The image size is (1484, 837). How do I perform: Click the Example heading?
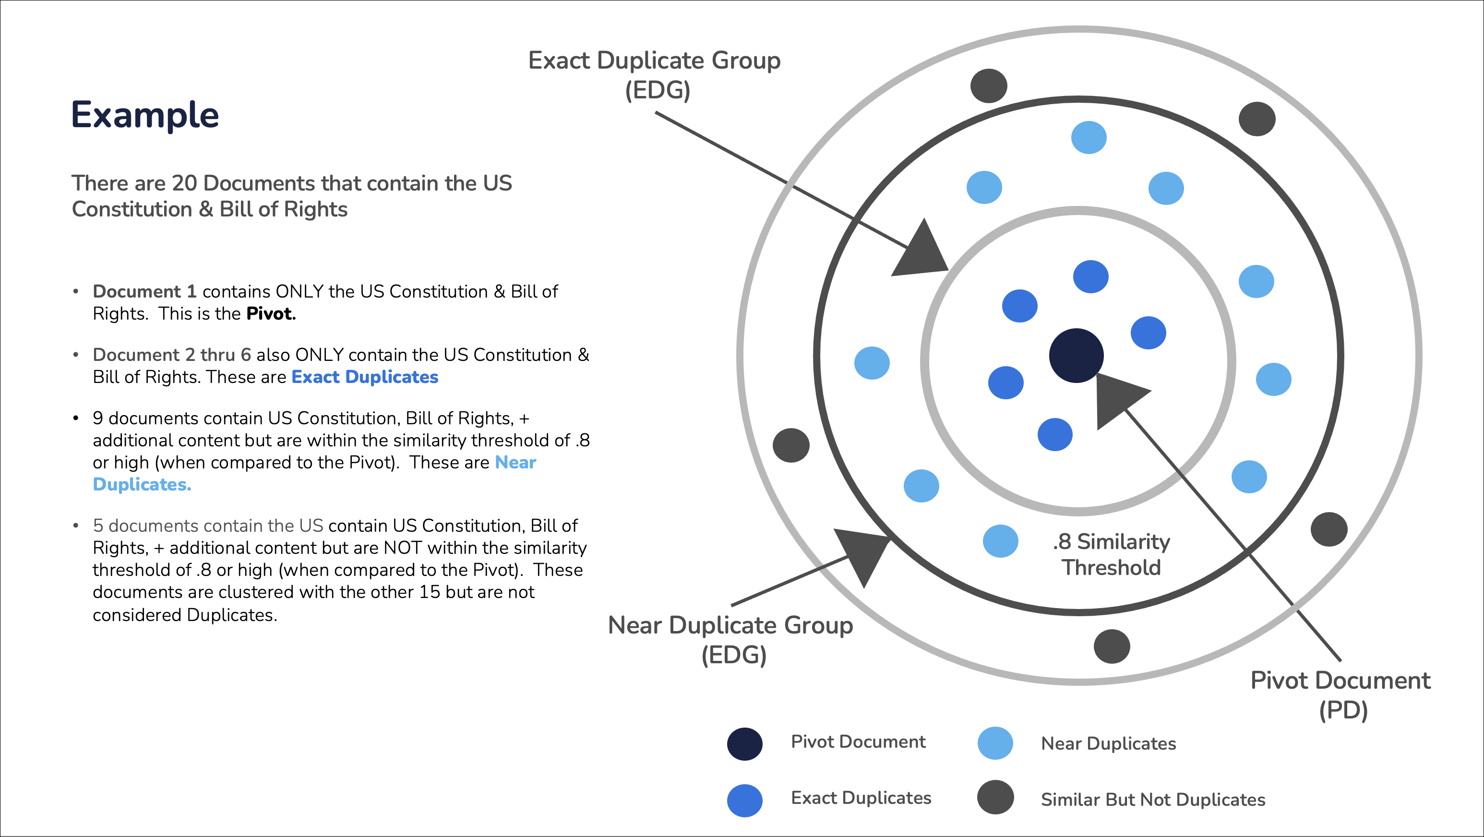[x=144, y=115]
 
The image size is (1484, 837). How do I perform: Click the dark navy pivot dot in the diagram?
[x=1076, y=356]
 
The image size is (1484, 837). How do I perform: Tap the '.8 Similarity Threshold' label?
[x=1111, y=554]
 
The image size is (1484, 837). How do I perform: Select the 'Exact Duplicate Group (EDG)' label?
[x=655, y=75]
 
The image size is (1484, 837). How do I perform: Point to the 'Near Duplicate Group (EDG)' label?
[x=730, y=639]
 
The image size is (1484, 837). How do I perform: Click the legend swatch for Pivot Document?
[x=744, y=744]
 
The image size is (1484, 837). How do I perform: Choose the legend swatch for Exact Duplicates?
[x=744, y=800]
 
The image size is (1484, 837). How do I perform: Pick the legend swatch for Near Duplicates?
[x=995, y=743]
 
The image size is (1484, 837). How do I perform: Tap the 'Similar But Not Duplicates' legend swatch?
[x=995, y=797]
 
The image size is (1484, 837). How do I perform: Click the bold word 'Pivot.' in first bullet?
[x=271, y=313]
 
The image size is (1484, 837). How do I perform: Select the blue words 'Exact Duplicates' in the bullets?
[x=365, y=377]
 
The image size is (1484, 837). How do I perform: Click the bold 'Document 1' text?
[x=144, y=291]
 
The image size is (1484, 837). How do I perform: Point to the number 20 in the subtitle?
[x=184, y=183]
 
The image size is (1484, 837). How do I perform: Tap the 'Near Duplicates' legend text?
[x=1108, y=744]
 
